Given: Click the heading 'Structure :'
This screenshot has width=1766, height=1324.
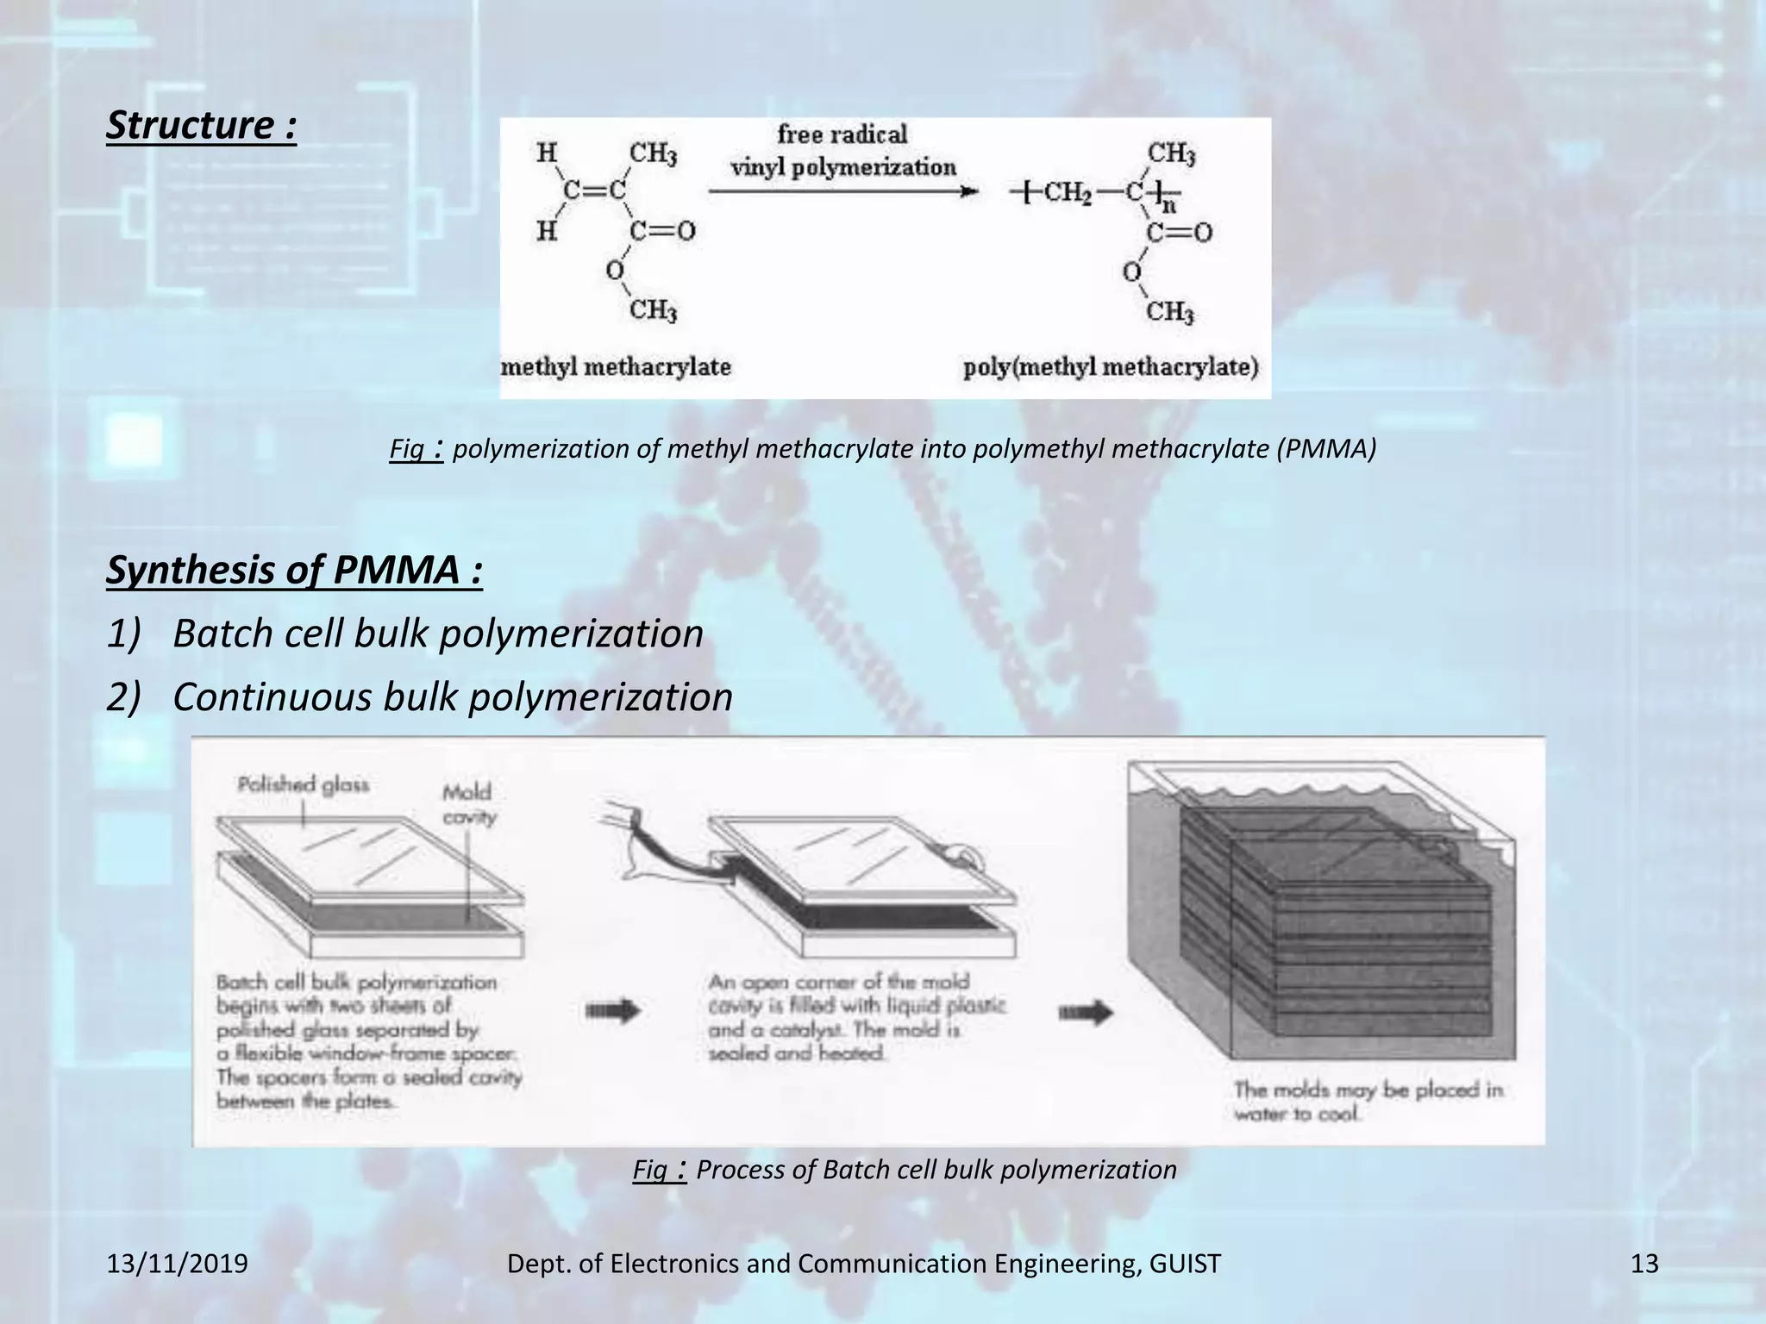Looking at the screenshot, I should tap(201, 126).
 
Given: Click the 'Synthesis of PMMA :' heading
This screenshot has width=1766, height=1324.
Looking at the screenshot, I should tap(294, 571).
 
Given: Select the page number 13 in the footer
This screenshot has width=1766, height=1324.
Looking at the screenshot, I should tap(1644, 1264).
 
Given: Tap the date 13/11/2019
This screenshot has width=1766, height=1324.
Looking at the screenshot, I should tap(177, 1264).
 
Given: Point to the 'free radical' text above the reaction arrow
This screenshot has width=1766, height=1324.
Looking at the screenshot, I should tap(842, 134).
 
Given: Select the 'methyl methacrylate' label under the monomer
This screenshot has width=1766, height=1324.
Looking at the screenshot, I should tap(616, 367).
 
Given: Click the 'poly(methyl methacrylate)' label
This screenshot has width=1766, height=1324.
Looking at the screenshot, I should tap(1111, 367).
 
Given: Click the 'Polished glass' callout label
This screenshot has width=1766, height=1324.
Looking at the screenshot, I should tap(304, 784).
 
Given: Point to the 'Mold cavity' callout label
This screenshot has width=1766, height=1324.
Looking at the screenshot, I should tap(468, 803).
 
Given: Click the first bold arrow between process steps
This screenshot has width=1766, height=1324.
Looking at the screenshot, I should tap(613, 1009).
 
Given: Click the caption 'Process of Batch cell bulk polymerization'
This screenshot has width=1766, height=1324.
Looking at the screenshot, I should tap(936, 1170).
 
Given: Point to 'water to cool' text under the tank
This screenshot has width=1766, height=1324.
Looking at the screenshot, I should tap(1296, 1114).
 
